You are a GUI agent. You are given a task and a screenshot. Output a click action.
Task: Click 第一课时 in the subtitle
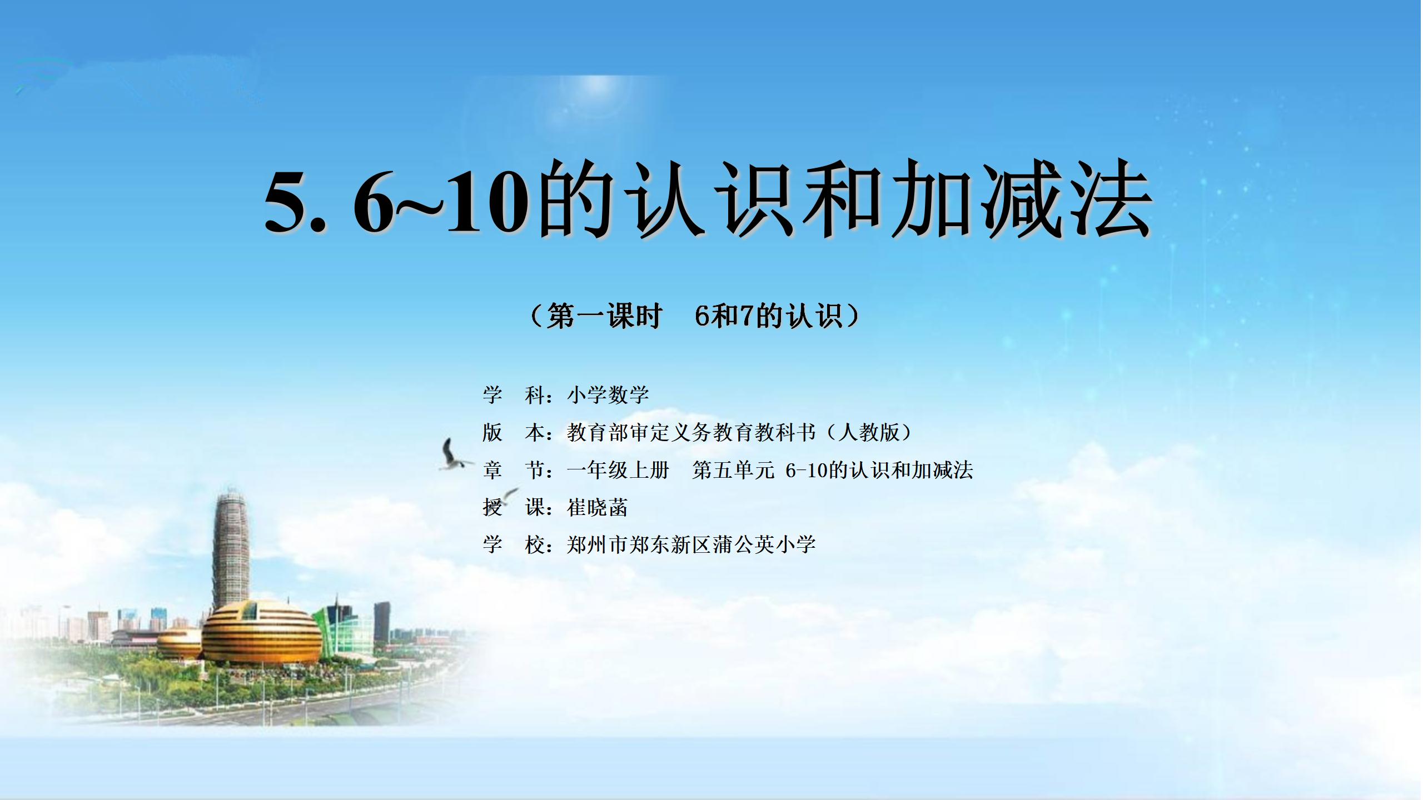tap(604, 316)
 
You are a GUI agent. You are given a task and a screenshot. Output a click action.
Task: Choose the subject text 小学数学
tap(608, 395)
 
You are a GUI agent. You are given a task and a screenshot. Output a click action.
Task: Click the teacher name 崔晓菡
tap(598, 507)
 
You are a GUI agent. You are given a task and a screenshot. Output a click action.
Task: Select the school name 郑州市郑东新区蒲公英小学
tap(691, 544)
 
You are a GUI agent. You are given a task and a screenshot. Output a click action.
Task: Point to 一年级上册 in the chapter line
tap(618, 470)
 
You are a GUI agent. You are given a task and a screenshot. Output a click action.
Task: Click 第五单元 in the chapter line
tap(734, 470)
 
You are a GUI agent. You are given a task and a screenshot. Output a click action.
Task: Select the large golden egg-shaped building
tap(261, 633)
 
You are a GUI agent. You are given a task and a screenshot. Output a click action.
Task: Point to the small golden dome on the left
tap(179, 643)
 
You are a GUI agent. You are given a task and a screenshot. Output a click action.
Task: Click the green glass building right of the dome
tap(340, 630)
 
